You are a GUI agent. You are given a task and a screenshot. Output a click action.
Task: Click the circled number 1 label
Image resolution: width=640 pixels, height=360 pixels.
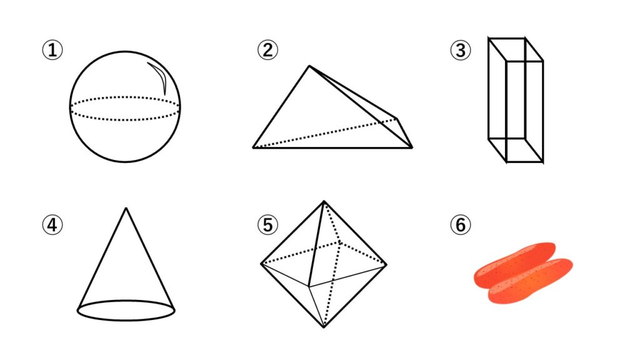coord(52,50)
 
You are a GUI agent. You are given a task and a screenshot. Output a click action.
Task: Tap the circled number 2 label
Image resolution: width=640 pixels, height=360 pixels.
coord(267,50)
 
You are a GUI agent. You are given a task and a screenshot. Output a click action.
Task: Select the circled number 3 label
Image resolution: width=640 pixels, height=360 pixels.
coord(461,50)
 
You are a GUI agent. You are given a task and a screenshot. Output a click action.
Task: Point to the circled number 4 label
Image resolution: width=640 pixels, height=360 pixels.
coord(52,224)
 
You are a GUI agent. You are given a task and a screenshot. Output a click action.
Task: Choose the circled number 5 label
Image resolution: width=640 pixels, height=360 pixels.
coord(267,224)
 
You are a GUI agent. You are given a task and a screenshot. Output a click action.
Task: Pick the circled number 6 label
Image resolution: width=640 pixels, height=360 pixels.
coord(461,224)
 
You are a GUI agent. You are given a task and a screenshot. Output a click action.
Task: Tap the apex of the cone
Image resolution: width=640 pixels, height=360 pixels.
coord(126,208)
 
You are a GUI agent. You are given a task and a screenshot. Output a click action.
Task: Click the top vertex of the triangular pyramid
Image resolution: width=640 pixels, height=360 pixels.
coord(309,66)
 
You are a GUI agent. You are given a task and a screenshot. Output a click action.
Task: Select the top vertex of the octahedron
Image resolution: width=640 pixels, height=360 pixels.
coord(324,201)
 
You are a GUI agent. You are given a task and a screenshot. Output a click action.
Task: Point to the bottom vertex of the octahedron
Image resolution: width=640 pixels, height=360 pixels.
coord(324,327)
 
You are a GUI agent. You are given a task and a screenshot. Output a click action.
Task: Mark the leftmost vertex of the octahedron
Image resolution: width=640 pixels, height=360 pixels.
coord(261,264)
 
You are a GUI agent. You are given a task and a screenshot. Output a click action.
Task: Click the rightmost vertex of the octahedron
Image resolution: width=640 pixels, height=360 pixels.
coord(386,264)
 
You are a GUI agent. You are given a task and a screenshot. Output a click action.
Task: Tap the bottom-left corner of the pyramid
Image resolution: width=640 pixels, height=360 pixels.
coord(253,147)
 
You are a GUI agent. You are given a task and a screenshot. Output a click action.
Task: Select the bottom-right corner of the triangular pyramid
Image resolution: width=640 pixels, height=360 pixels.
coord(412,147)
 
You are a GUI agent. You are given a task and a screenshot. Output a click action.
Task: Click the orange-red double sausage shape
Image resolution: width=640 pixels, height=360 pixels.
coord(523,273)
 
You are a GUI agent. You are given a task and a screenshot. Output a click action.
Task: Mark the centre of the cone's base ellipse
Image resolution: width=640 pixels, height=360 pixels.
coord(126,311)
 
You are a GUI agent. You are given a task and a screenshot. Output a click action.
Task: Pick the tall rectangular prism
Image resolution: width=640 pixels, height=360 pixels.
coord(516,100)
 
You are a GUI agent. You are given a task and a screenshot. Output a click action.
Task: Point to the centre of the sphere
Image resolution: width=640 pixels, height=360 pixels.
coord(125,107)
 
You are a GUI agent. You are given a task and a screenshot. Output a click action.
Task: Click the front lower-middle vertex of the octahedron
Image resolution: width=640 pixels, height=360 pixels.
coord(309,286)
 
